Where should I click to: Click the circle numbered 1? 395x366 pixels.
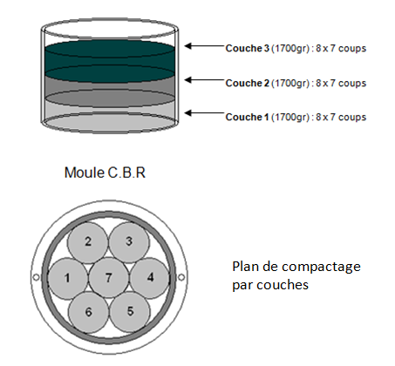[67, 278]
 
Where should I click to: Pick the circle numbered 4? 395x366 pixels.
[149, 278]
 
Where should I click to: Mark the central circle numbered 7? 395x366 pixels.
[108, 277]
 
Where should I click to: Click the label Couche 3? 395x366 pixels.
[249, 48]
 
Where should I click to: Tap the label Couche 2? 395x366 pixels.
[249, 83]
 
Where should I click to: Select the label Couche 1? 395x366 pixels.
[249, 117]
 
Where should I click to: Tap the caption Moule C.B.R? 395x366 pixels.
[105, 172]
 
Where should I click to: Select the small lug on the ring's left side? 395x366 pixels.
[35, 278]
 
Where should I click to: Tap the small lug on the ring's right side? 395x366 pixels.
[180, 278]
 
